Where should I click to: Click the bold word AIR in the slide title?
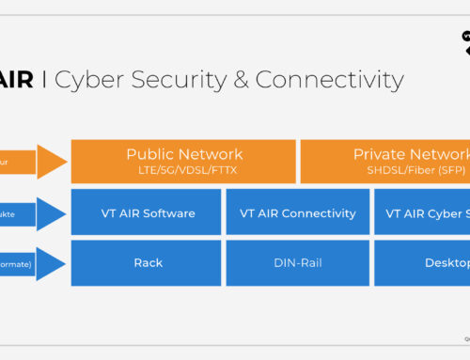tap(16, 80)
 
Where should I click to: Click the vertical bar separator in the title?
tap(44, 80)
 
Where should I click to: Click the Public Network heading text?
tap(184, 154)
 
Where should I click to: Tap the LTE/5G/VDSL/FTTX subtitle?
tap(184, 170)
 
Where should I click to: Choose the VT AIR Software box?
tap(148, 212)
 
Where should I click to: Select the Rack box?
tap(148, 263)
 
